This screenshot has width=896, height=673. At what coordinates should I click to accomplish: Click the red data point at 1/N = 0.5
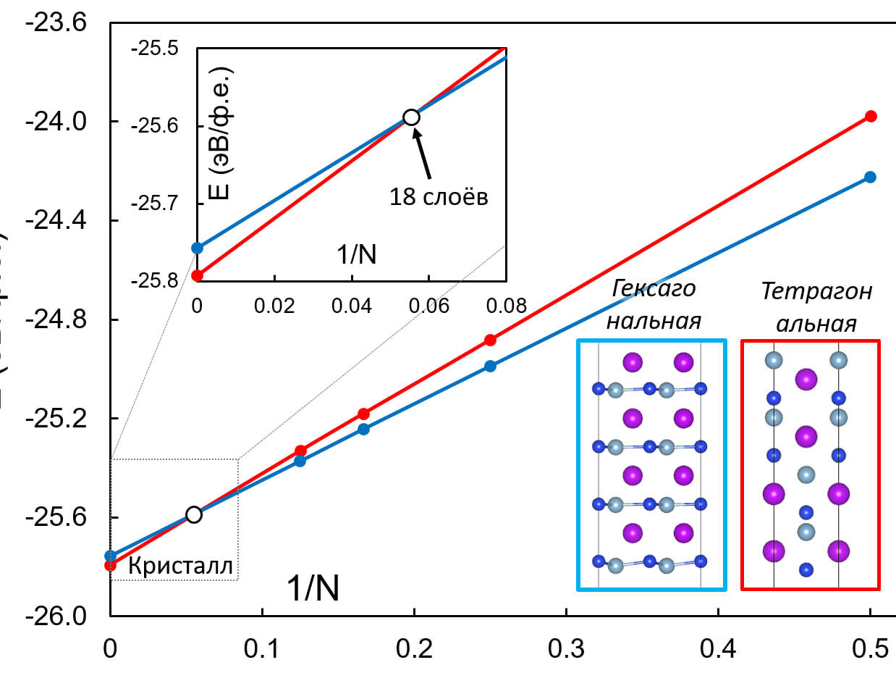point(871,116)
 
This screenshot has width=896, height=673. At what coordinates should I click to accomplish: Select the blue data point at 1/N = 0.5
point(870,177)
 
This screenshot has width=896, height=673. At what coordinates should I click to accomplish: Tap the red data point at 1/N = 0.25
point(490,340)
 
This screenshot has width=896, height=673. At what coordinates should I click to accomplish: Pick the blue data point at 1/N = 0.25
point(490,366)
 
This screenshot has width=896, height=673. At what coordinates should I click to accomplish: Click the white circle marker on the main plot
point(193,514)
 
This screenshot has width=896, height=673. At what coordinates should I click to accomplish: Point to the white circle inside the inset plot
point(411,117)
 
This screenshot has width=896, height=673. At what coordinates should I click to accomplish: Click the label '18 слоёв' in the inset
point(439,196)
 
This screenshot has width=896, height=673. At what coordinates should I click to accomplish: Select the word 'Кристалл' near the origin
point(181,567)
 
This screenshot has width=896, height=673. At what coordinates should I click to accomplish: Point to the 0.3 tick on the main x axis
point(566,646)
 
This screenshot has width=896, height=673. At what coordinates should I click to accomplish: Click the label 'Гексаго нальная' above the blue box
point(654,304)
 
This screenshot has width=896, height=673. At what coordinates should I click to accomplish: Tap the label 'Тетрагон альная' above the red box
point(816,307)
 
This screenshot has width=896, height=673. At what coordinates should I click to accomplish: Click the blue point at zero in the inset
point(197,248)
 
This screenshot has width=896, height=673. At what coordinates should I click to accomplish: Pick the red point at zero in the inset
point(197,275)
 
